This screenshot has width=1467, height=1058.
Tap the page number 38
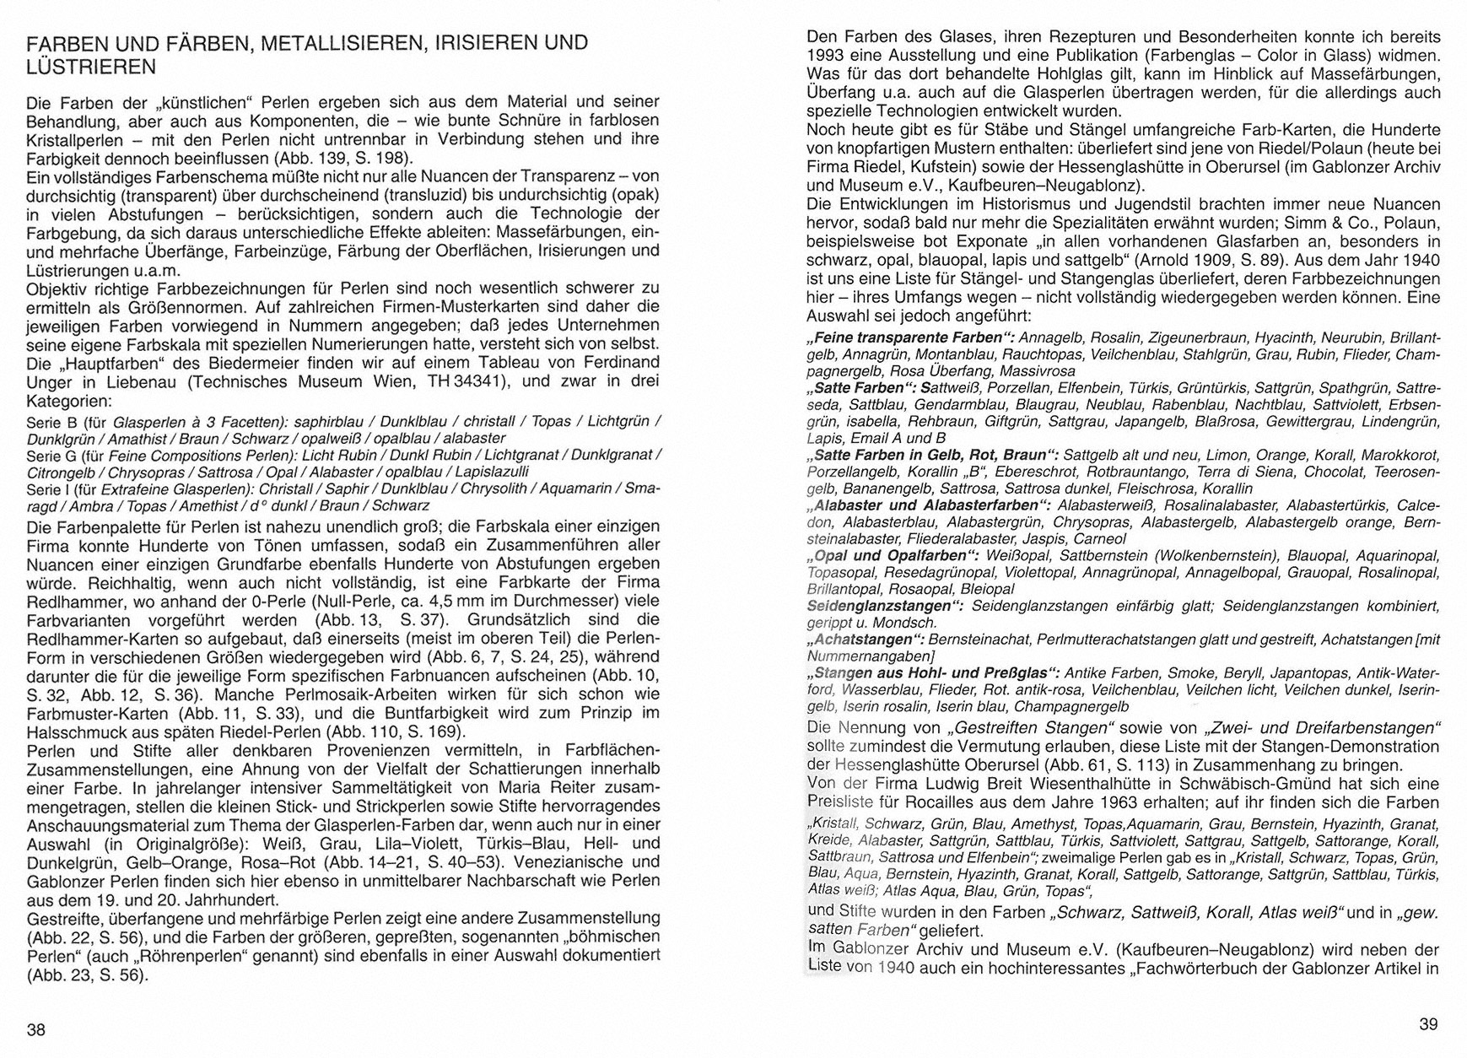(36, 1029)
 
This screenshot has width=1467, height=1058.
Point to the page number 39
(1428, 1024)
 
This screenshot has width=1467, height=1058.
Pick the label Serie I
(49, 489)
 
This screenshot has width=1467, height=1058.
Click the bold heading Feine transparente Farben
(907, 337)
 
